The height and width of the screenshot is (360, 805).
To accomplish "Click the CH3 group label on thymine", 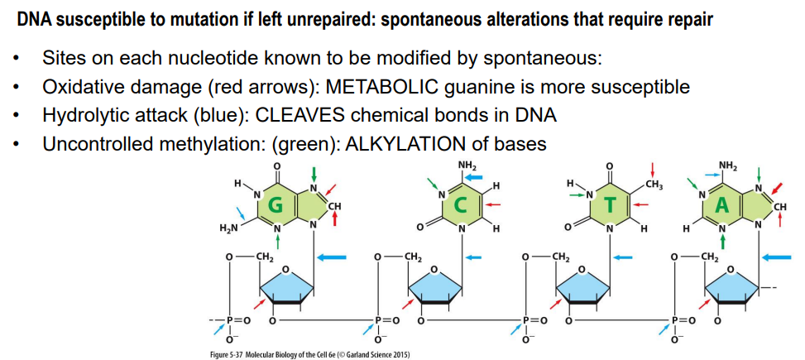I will tap(655, 182).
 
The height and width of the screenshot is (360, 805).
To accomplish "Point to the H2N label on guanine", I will tap(231, 228).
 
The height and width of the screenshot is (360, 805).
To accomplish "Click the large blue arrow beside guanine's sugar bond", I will tap(332, 257).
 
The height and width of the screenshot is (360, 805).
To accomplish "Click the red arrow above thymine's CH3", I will tap(654, 168).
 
